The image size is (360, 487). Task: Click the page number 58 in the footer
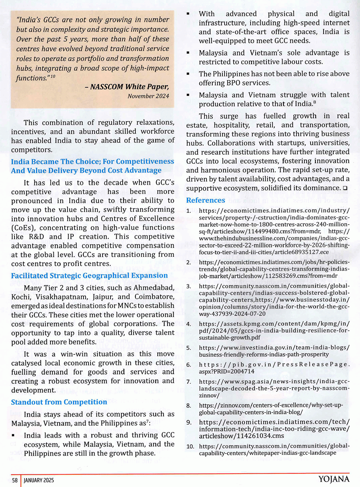coord(15,480)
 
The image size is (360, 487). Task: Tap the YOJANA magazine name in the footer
coord(334,479)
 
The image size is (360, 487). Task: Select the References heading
coord(205,200)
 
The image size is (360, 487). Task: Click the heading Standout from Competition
coord(59,402)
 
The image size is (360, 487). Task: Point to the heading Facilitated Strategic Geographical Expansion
coord(89,276)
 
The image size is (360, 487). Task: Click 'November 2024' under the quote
coord(148,96)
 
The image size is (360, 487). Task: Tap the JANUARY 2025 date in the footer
coord(39,480)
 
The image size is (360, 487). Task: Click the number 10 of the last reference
coord(190,447)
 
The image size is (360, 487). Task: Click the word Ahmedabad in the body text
coord(154,288)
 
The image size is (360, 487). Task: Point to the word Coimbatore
coord(154,297)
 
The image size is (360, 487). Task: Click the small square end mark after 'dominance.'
coord(345,188)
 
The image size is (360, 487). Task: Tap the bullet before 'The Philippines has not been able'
coord(188,74)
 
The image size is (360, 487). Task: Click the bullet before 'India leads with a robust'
coord(13,436)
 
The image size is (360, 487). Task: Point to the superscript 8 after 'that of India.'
coord(315,102)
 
